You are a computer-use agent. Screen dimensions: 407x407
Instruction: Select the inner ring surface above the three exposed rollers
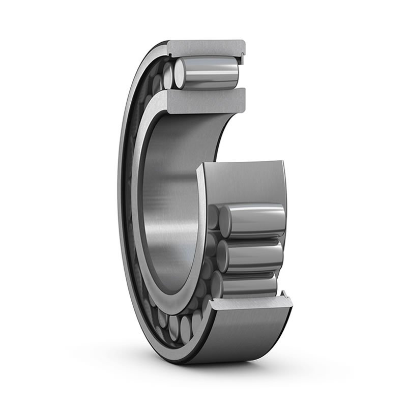coord(244,183)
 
